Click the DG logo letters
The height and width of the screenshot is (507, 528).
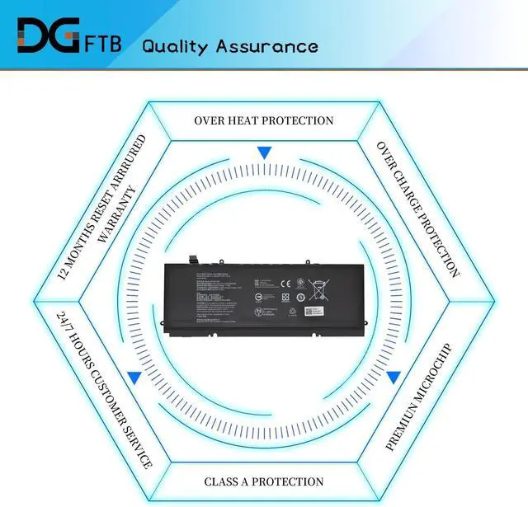[47, 36]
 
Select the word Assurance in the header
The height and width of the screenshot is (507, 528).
[266, 45]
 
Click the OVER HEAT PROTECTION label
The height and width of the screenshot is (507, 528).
[263, 120]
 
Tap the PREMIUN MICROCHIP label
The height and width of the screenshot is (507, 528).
[419, 397]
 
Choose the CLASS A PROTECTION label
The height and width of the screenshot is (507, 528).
[263, 481]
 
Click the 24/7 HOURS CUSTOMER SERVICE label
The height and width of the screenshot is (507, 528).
[105, 389]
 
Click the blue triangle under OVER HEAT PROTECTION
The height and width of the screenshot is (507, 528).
[264, 153]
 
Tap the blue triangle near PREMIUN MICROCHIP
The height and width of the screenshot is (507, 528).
[394, 377]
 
